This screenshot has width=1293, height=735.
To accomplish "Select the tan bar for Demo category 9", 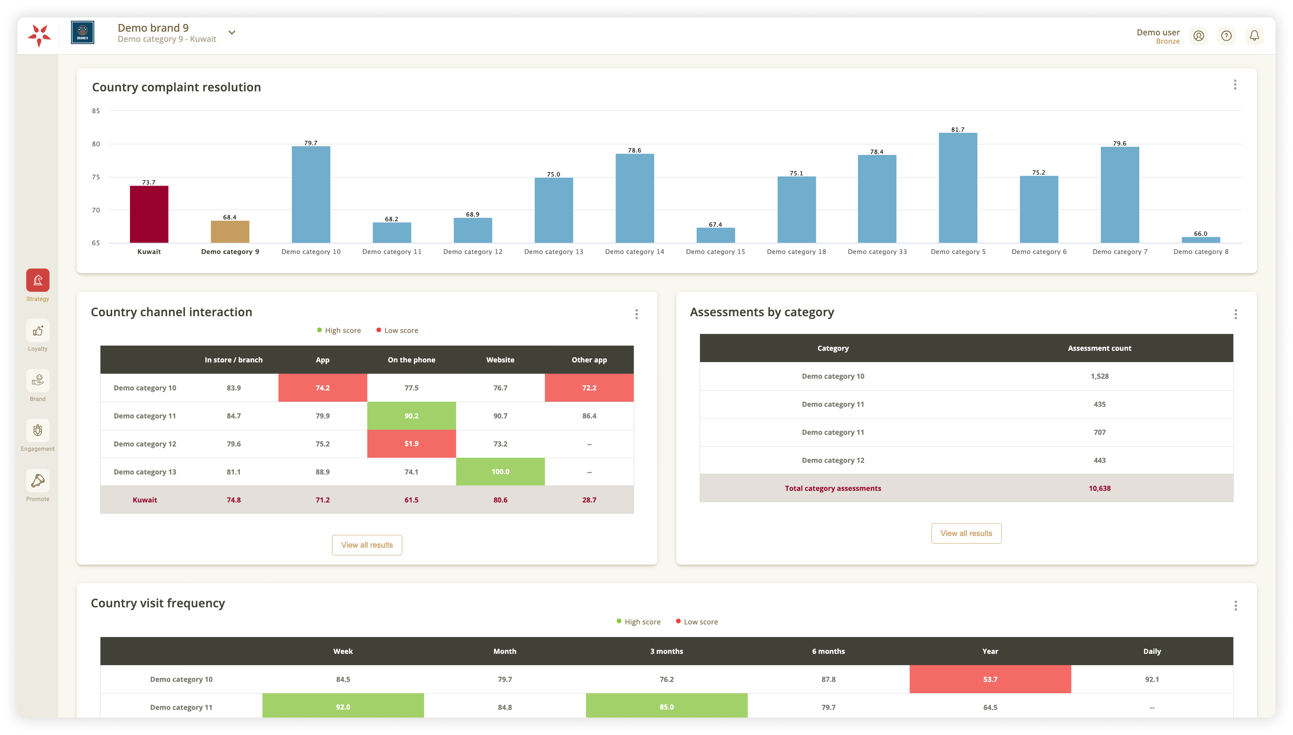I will pos(230,232).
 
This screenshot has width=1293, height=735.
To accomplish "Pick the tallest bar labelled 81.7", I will pos(958,188).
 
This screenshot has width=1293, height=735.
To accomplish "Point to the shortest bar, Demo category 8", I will pos(1201,240).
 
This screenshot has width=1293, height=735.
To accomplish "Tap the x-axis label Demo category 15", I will pos(715,251).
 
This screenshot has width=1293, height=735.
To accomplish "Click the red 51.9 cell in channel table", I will pos(411,444).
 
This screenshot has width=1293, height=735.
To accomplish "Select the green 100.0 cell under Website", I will pos(500,472).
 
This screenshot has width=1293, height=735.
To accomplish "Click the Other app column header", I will pos(589,360).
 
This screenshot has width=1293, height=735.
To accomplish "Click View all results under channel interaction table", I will pos(367,545).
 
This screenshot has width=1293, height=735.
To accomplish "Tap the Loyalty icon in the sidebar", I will pos(38,331).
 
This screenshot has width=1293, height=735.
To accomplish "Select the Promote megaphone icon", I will pos(38,481).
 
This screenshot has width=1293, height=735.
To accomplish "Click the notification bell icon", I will pos(1254,35).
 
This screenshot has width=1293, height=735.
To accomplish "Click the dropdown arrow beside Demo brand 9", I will pos(232,32).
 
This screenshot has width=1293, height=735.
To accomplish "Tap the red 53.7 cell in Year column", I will pos(990,679).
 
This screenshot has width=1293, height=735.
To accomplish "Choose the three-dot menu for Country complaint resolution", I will pos(1235,85).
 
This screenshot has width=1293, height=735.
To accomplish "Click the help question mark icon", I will pos(1226,35).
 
